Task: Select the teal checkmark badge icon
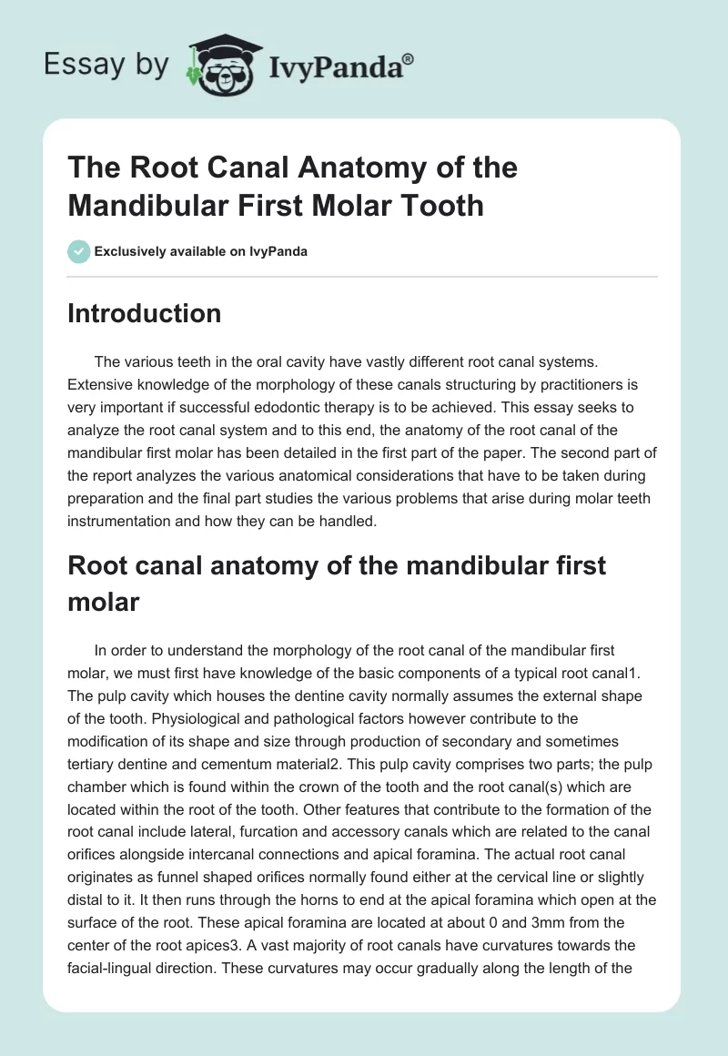[x=78, y=251]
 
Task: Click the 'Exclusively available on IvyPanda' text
[x=200, y=251]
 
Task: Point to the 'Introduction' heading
[x=144, y=314]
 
